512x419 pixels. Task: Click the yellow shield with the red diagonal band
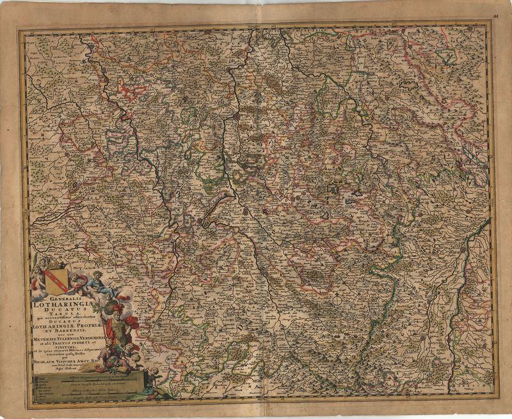coord(56,278)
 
